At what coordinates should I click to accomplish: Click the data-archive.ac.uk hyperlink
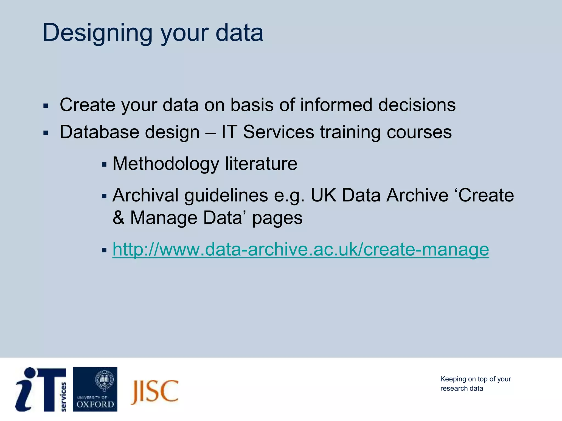[300, 249]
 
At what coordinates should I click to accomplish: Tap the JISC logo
[154, 392]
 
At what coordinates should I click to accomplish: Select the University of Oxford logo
[95, 389]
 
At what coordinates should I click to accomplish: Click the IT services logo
[41, 389]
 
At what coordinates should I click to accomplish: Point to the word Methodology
[165, 164]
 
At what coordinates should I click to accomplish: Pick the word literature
[261, 164]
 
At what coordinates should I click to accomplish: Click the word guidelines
[226, 195]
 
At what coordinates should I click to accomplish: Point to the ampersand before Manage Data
[118, 218]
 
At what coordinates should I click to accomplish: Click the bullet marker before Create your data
[46, 106]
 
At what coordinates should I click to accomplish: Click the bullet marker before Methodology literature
[104, 165]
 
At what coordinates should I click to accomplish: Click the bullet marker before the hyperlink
[104, 250]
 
